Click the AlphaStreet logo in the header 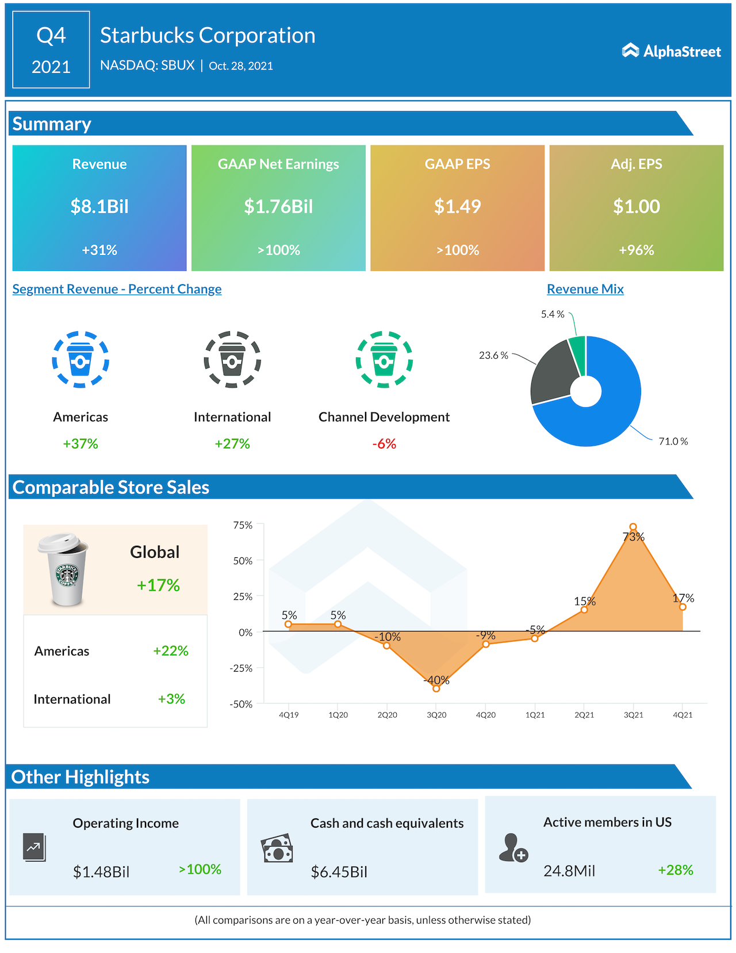coord(671,51)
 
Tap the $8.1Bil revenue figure coord(99,206)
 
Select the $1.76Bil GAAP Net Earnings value coord(278,206)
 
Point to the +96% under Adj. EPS coord(636,250)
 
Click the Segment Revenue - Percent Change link coord(117,289)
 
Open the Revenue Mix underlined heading coord(585,289)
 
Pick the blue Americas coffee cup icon coord(80,359)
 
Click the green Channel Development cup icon coord(384,359)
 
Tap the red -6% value coord(384,444)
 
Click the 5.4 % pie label coord(552,314)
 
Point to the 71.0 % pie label coord(673,441)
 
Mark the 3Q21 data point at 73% coord(633,527)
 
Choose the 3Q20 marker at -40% coord(436,688)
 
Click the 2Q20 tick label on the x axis coord(388,715)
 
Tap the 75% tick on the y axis coord(243,525)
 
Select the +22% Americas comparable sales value coord(170,651)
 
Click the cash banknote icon coord(277,848)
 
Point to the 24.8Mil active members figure coord(569,871)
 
